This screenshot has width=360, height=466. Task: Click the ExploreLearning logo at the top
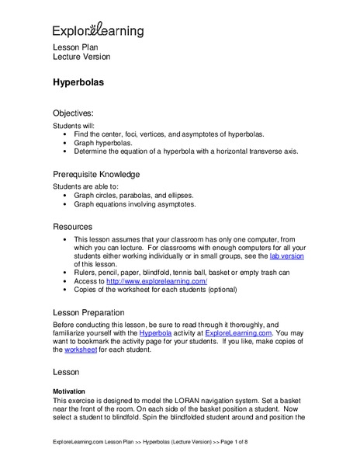point(98,30)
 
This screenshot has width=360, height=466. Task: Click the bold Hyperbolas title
point(79,81)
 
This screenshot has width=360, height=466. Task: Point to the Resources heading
point(73,226)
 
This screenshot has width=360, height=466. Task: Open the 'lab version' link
point(286,256)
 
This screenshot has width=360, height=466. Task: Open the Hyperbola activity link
point(158,332)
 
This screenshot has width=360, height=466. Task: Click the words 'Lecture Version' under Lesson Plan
point(81,57)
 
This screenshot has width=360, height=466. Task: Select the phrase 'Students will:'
point(76,124)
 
